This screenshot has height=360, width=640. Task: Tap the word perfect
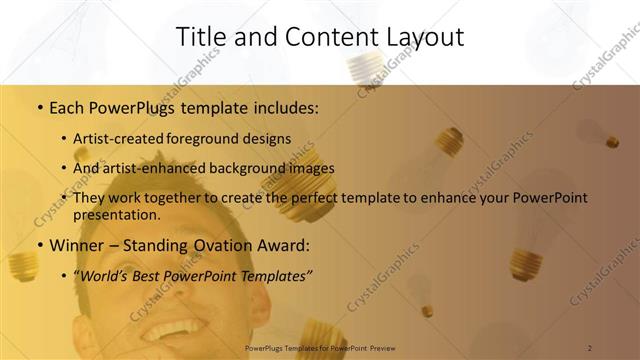316,198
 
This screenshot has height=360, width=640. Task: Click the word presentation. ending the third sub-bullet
117,214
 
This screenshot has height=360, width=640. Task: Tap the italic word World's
103,275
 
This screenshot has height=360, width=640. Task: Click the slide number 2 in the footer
590,348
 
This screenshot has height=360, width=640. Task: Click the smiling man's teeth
176,329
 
